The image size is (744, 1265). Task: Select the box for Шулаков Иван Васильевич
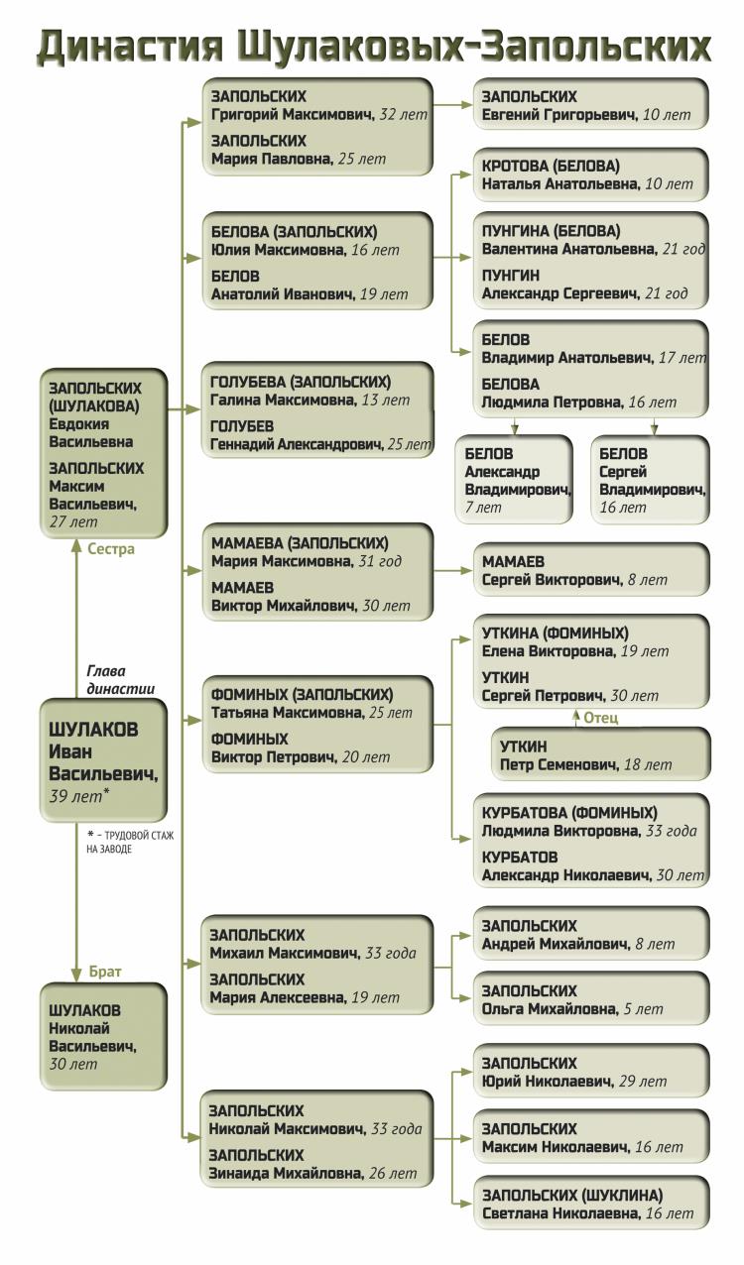click(103, 759)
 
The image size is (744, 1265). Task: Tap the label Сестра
click(110, 549)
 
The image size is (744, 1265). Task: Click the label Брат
click(105, 973)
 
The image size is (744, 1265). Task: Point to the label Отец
click(600, 718)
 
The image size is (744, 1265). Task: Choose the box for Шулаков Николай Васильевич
click(103, 1036)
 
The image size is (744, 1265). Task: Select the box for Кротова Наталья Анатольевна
click(590, 173)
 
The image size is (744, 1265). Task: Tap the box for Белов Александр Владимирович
click(514, 480)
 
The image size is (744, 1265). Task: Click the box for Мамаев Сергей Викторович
click(590, 570)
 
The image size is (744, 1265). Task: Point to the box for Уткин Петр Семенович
click(601, 754)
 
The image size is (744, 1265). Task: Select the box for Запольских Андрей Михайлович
click(590, 934)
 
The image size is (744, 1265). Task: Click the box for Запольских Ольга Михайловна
click(590, 998)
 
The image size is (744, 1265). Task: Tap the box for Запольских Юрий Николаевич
click(590, 1071)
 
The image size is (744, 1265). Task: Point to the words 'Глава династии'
click(120, 679)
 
